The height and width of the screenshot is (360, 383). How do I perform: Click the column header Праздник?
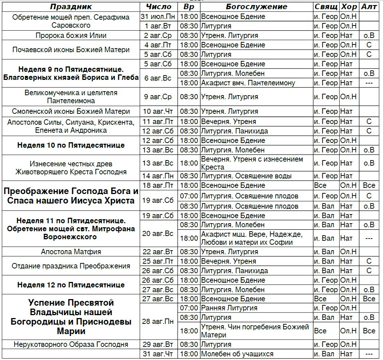click(x=71, y=7)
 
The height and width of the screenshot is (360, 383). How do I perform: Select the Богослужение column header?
click(x=256, y=7)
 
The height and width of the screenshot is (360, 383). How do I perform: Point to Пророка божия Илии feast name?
click(x=71, y=36)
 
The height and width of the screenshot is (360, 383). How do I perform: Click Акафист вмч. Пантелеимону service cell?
click(x=248, y=83)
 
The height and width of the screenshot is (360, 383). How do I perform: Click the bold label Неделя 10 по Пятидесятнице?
click(x=71, y=145)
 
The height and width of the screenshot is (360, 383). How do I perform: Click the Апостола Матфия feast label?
click(x=71, y=252)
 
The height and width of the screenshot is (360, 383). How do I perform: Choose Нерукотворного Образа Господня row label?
click(x=71, y=345)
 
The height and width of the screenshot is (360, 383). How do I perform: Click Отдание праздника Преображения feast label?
click(x=71, y=266)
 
